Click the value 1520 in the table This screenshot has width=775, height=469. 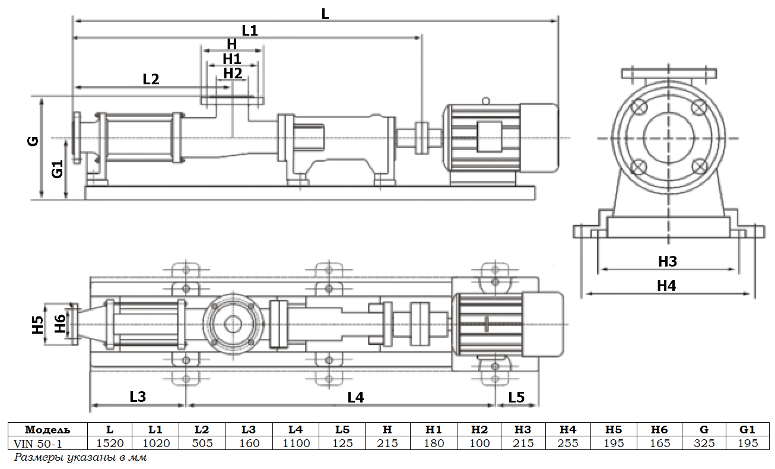[110, 443]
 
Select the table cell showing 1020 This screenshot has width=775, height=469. [156, 443]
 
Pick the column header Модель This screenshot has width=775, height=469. [47, 429]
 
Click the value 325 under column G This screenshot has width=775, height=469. [704, 443]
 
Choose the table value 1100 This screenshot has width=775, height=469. [296, 443]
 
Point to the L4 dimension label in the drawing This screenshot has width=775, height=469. [355, 398]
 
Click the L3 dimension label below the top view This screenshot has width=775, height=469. [138, 397]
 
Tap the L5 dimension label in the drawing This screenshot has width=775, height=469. [516, 397]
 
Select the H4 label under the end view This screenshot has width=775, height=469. [666, 286]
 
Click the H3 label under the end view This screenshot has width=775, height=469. [667, 261]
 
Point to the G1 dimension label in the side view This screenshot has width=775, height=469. [58, 169]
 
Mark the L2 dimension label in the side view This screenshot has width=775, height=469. [151, 79]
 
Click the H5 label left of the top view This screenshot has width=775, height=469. [39, 325]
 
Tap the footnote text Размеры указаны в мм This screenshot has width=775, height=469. [80, 458]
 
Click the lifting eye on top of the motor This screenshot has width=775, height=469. [486, 101]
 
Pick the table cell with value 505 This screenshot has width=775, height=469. [202, 443]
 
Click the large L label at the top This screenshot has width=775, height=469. [325, 14]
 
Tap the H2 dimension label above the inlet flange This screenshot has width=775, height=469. [233, 73]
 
